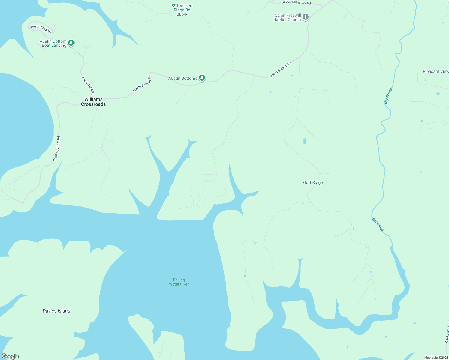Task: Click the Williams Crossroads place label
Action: [x=93, y=102]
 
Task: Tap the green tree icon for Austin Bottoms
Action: [x=202, y=78]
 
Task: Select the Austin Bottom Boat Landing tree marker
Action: [x=71, y=43]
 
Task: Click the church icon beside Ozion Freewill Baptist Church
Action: [x=306, y=17]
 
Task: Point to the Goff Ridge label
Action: [x=313, y=182]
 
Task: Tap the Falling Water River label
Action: [x=179, y=282]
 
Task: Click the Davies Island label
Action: [x=56, y=311]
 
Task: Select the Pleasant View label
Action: [x=435, y=71]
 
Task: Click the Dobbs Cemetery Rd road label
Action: [x=296, y=3]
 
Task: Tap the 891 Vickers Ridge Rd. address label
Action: [x=182, y=10]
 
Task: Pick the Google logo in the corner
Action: [x=10, y=356]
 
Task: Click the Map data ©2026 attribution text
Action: [x=436, y=358]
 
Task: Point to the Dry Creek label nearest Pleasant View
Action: [x=388, y=96]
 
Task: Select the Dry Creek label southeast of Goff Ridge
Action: [x=378, y=225]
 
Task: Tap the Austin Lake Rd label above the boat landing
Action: [x=41, y=29]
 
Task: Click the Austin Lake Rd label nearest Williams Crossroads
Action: [x=88, y=86]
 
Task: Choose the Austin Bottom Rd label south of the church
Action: [x=280, y=70]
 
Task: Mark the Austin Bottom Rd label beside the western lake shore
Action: [x=56, y=148]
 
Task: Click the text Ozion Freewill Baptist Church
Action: [x=287, y=17]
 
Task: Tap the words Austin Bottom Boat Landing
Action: [x=53, y=43]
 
